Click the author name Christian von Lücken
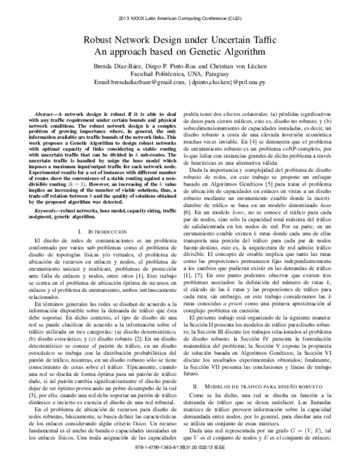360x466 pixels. (240, 65)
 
